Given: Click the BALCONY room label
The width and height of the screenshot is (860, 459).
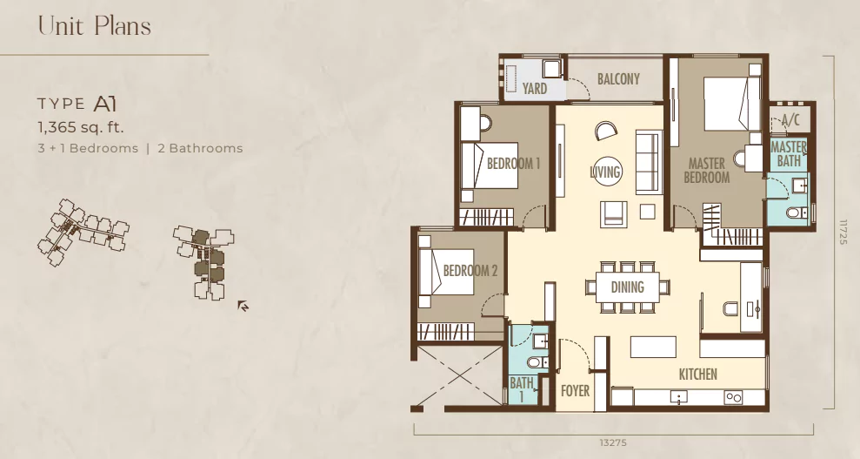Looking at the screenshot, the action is [618, 79].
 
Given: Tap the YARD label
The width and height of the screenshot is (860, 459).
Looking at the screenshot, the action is [534, 88].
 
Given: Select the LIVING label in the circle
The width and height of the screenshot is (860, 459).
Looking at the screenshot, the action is [605, 172].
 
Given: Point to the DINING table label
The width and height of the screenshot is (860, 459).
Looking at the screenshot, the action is [628, 287].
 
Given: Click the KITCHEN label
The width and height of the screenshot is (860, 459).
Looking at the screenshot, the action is [697, 375].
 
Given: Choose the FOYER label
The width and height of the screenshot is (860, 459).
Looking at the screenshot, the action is [575, 391].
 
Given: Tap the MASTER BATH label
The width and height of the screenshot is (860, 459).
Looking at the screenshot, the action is [788, 154].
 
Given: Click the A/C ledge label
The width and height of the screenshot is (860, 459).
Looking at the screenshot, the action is [790, 120].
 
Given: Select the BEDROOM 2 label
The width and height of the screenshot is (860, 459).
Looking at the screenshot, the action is [470, 271].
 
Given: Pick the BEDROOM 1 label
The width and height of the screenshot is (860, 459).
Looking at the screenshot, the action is [513, 164].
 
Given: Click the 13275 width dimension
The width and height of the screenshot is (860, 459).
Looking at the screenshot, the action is [613, 442].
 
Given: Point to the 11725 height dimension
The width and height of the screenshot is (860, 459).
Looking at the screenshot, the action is [843, 233].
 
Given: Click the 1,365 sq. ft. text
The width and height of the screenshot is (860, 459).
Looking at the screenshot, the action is [81, 128].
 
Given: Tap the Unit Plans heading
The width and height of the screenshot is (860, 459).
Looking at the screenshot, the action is [94, 26].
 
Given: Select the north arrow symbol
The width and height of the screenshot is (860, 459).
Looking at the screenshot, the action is [243, 305].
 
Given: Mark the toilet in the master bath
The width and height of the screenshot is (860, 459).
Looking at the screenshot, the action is [797, 213].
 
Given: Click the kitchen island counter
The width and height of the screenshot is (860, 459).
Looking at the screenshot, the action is [653, 347].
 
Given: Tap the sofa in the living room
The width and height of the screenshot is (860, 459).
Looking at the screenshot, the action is [649, 162].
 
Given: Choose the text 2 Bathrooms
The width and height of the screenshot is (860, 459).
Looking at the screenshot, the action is [200, 148].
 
